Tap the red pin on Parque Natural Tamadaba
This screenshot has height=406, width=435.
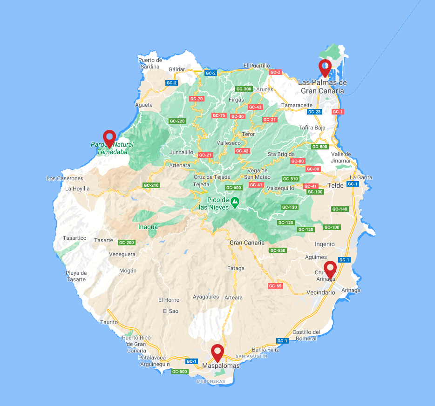pyautogui.click(x=109, y=138)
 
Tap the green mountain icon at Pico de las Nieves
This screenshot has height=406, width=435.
pyautogui.click(x=235, y=202)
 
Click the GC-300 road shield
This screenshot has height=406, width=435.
pyautogui.click(x=244, y=89)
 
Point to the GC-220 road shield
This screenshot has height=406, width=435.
pyautogui.click(x=177, y=121)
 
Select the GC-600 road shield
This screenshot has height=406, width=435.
pyautogui.click(x=233, y=188)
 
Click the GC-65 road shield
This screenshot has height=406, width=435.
pyautogui.click(x=275, y=286)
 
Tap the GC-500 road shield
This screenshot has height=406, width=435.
pyautogui.click(x=179, y=372)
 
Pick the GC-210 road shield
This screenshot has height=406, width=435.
pyautogui.click(x=151, y=185)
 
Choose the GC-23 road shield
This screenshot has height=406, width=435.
pyautogui.click(x=315, y=112)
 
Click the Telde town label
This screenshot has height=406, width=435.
pyautogui.click(x=336, y=185)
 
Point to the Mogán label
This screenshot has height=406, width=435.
pyautogui.click(x=128, y=271)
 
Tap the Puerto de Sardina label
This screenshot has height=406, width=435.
pyautogui.click(x=150, y=63)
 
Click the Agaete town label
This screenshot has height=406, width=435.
pyautogui.click(x=144, y=105)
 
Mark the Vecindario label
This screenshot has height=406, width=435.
pyautogui.click(x=321, y=292)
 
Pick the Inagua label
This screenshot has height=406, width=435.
pyautogui.click(x=148, y=227)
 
